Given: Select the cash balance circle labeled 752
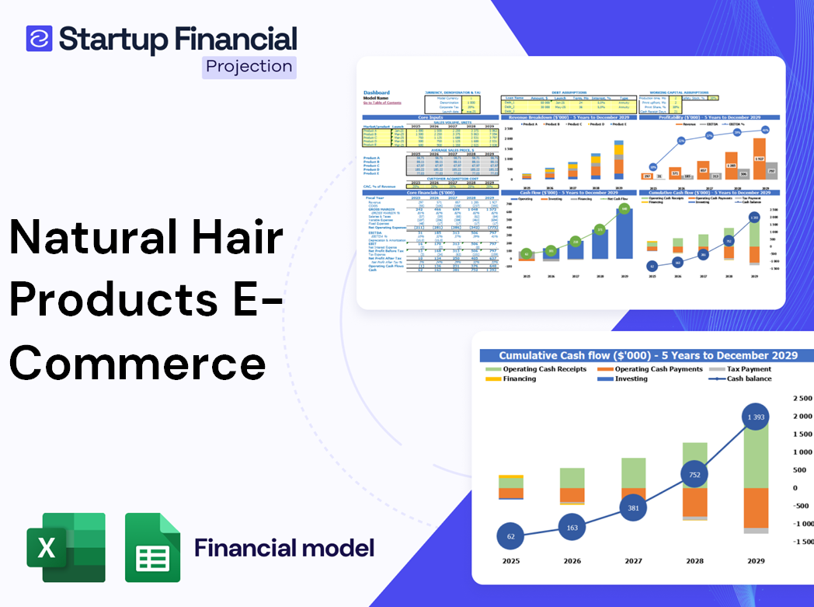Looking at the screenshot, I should click(x=695, y=474).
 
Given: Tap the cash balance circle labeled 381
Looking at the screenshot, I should click(x=633, y=508).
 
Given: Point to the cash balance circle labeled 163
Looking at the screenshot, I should click(x=572, y=528).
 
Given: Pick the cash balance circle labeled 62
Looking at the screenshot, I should click(x=511, y=536).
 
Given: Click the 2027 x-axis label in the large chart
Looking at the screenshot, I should click(x=633, y=560).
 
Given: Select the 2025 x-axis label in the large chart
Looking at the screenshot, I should click(x=511, y=560).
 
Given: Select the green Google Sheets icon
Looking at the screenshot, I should click(x=153, y=548).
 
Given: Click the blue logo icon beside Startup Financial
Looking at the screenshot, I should click(x=39, y=39).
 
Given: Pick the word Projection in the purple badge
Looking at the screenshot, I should click(x=249, y=66).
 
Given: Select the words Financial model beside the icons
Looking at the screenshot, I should click(x=284, y=548).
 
